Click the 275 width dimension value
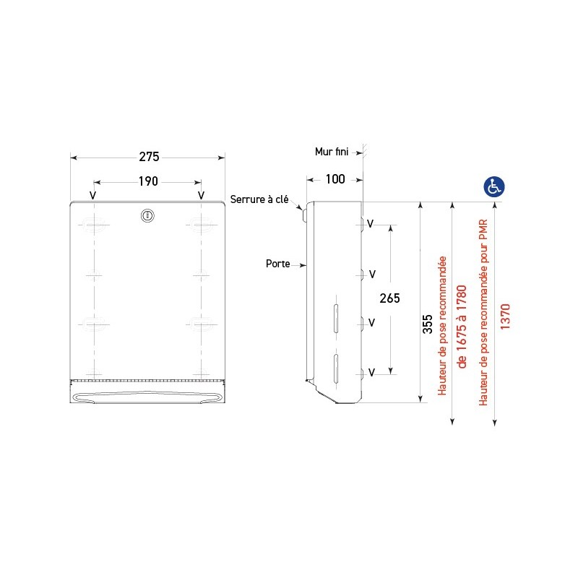(148, 157)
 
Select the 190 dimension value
(147, 181)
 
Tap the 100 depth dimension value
(335, 179)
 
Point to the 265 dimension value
(389, 298)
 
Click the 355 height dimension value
(428, 322)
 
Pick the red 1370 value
(505, 316)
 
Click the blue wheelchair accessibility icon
(494, 186)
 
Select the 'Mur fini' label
(332, 152)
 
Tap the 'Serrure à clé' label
(259, 199)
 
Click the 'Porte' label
(277, 264)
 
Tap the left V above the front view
(92, 195)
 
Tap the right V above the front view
(201, 195)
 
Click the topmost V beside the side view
(371, 224)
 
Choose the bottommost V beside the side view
(371, 373)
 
